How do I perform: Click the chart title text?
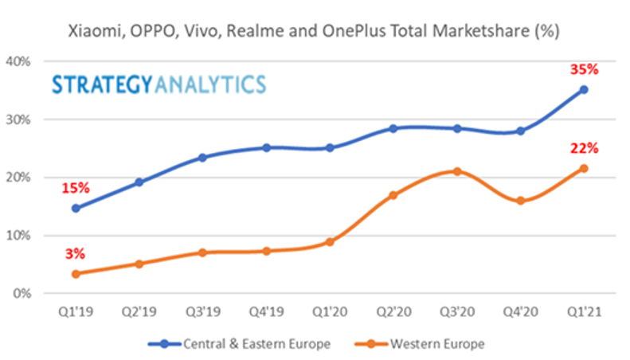[315, 32]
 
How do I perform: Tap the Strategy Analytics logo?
[159, 84]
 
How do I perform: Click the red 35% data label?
[584, 69]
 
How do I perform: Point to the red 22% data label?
[584, 148]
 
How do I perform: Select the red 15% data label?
[76, 188]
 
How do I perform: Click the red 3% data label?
[76, 254]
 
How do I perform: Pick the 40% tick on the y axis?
[18, 61]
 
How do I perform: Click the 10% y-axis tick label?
[18, 236]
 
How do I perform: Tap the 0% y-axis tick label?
[22, 294]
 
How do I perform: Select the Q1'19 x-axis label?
[75, 313]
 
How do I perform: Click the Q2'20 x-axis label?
[393, 313]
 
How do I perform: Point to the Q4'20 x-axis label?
[520, 313]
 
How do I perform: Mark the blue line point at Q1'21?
[584, 90]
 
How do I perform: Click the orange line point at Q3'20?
[456, 171]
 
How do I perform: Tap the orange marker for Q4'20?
[520, 201]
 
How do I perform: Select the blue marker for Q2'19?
[139, 182]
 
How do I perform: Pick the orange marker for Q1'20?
[330, 242]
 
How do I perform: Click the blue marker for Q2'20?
[393, 128]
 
